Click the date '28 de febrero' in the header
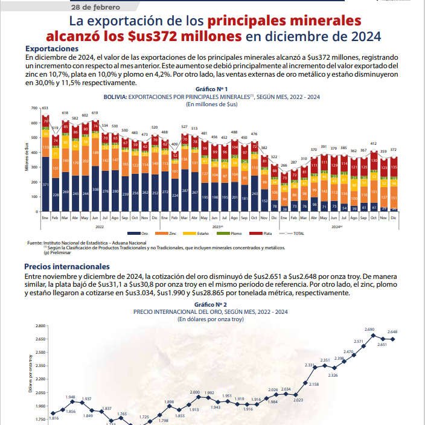coord(95,8)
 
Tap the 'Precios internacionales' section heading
coord(66,266)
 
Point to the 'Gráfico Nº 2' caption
coord(211,305)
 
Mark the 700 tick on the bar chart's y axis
coord(35,108)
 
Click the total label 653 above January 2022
coord(45,108)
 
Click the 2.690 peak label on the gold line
coord(370,329)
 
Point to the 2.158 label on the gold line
coord(314,384)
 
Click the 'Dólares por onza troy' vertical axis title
coord(30,374)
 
